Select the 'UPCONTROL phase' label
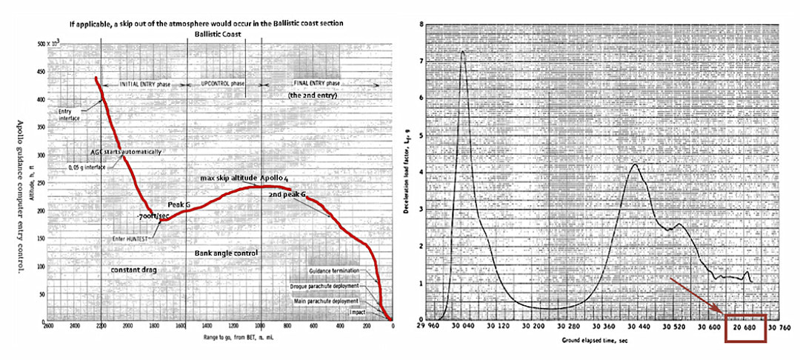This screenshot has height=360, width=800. click(222, 84)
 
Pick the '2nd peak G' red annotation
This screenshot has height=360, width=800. click(286, 194)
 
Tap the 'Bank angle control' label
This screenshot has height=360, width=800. click(225, 253)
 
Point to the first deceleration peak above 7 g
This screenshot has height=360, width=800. click(463, 52)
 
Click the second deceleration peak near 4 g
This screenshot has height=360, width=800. click(634, 164)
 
